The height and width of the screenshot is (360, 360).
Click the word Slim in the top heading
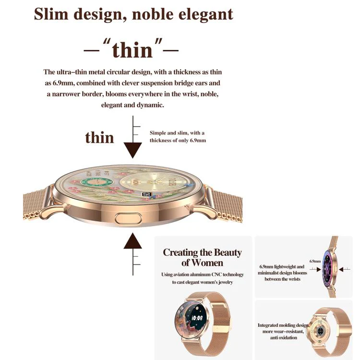pyautogui.click(x=51, y=14)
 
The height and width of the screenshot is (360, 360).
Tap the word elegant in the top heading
pyautogui.click(x=206, y=15)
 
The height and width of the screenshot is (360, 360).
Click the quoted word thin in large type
pyautogui.click(x=132, y=50)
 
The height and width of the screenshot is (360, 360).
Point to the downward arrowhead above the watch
pyautogui.click(x=132, y=150)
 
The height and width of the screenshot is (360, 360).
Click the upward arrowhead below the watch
pyautogui.click(x=132, y=241)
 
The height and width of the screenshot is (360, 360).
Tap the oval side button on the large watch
pyautogui.click(x=128, y=218)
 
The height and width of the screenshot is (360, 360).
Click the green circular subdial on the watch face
pyautogui.click(x=96, y=182)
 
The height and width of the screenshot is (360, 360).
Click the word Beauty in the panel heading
pyautogui.click(x=227, y=253)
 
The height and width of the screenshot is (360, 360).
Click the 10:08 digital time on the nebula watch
pyautogui.click(x=197, y=318)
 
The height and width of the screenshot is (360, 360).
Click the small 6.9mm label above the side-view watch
pyautogui.click(x=315, y=261)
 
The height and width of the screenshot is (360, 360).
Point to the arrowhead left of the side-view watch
pyautogui.click(x=319, y=269)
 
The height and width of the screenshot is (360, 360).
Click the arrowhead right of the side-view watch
pyautogui.click(x=341, y=269)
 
